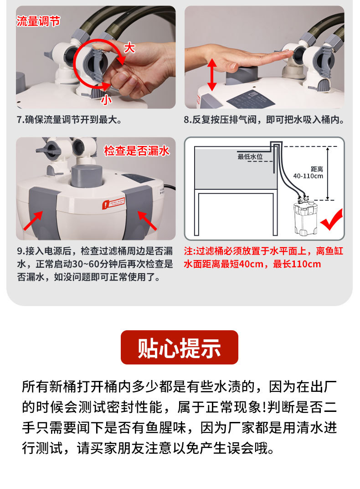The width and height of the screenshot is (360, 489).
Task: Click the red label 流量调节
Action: tap(38, 21)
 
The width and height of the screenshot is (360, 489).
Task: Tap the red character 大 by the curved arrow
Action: tap(129, 48)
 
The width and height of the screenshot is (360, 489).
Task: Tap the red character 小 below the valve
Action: tap(106, 99)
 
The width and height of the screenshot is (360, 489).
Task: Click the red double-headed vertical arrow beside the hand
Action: tap(212, 75)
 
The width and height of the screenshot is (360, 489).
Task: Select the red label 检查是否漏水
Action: tap(137, 151)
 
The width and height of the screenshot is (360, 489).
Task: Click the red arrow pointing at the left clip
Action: tap(33, 220)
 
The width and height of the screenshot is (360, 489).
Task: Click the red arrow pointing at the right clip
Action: tap(147, 220)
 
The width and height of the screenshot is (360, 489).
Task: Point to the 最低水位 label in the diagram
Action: tap(250, 156)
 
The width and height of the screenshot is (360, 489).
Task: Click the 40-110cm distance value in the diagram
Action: tap(308, 176)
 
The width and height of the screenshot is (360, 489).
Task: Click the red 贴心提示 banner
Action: tap(180, 348)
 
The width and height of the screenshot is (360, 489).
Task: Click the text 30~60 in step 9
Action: tap(86, 264)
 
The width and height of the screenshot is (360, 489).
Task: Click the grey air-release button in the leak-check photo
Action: tap(87, 176)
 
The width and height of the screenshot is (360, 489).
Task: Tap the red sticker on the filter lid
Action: tap(113, 203)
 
